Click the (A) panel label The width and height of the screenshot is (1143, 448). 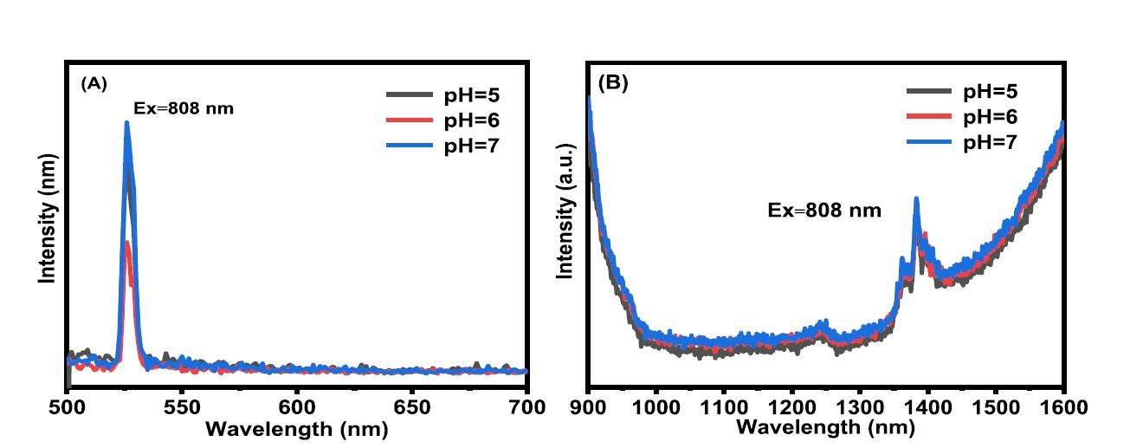click(94, 83)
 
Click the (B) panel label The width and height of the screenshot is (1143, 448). click(613, 83)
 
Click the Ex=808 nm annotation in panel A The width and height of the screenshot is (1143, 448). click(184, 109)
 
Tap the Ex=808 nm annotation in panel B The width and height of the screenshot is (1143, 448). click(824, 210)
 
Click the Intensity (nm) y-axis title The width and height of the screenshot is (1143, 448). click(48, 218)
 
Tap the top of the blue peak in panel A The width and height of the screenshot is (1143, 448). click(126, 123)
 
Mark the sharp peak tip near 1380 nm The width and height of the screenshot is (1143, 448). click(916, 199)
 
